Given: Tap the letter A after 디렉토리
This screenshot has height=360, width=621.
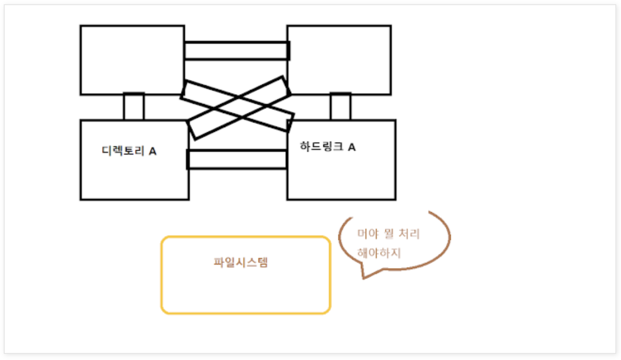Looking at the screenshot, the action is click(x=152, y=151).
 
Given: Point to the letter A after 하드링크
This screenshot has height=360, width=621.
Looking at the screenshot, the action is click(x=351, y=147).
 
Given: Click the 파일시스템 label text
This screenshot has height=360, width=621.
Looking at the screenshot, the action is click(x=241, y=262).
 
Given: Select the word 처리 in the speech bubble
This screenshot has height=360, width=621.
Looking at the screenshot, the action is click(x=409, y=234).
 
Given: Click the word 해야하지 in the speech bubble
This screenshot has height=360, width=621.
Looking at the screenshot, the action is click(x=379, y=253).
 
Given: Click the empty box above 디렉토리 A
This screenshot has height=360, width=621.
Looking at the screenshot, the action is click(x=132, y=60).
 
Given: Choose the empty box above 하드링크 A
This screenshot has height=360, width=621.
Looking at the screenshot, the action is click(x=339, y=60).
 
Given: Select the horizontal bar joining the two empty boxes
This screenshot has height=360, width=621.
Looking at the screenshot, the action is click(x=236, y=51).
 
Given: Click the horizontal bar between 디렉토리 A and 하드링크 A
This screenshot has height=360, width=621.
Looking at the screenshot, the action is click(x=237, y=159).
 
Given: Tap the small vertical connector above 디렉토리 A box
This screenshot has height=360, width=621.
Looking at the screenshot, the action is click(x=133, y=107).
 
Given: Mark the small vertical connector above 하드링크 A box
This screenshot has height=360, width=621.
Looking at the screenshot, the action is click(x=340, y=107).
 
